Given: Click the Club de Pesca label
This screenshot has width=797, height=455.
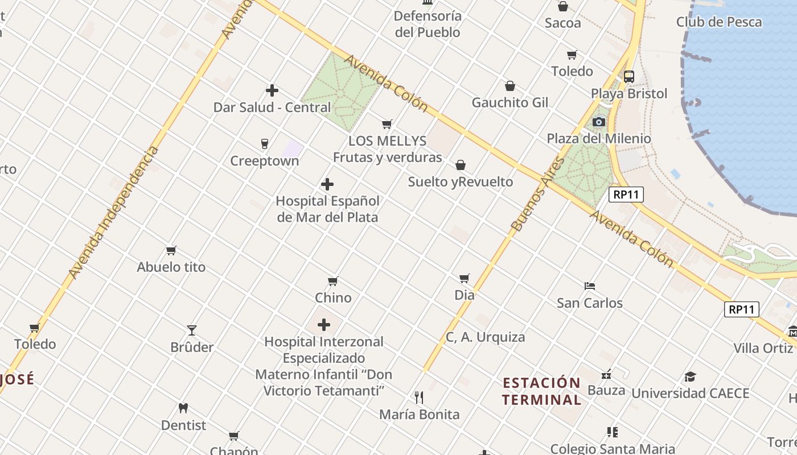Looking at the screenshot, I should pos(718,22).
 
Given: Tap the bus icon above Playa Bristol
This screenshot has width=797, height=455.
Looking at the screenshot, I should pos(629,77).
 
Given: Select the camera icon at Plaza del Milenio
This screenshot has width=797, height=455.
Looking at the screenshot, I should pos(598,122).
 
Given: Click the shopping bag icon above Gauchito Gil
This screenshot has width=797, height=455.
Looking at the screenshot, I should pos(510,86).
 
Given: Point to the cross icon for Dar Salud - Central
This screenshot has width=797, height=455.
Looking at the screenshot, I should pos(272,90).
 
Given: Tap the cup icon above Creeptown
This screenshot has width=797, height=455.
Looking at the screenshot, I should pos(264,144).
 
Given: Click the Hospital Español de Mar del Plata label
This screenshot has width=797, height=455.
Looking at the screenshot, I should pos(327,209).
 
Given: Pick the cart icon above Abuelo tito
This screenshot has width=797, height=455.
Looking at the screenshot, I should pos(171,250).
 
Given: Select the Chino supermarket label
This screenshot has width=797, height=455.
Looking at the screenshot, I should pos(333,297).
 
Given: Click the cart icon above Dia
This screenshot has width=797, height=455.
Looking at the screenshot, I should pos(465,278).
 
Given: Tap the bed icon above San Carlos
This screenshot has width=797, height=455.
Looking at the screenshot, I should pos(590,286).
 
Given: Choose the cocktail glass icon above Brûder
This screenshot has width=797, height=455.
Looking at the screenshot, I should pos(192,330).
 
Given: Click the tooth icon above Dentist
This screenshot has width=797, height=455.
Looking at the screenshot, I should pos(183,408).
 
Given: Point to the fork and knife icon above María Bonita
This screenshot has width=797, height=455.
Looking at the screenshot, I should pos(419,396).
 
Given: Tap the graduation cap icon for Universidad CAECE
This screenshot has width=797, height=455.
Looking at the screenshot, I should pos(690,377).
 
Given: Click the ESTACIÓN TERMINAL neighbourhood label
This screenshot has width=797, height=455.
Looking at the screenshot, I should pos(541,391).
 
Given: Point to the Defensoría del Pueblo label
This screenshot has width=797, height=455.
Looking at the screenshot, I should pos(428,24).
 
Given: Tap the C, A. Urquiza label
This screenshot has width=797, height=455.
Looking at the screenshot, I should pos(485,337).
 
